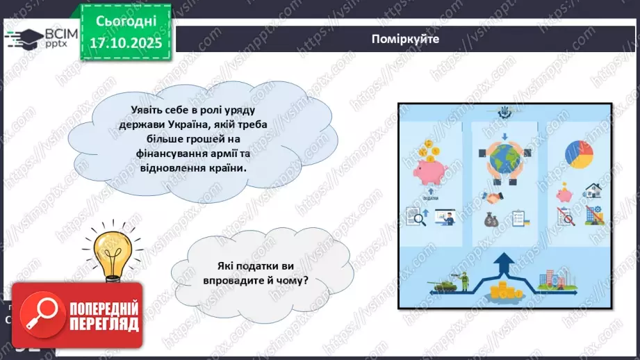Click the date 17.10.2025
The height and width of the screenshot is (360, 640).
(126, 42)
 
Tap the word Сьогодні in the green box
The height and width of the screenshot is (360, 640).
(126, 22)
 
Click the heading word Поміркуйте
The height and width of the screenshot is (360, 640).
(405, 39)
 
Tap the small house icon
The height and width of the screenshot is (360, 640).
(592, 190)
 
